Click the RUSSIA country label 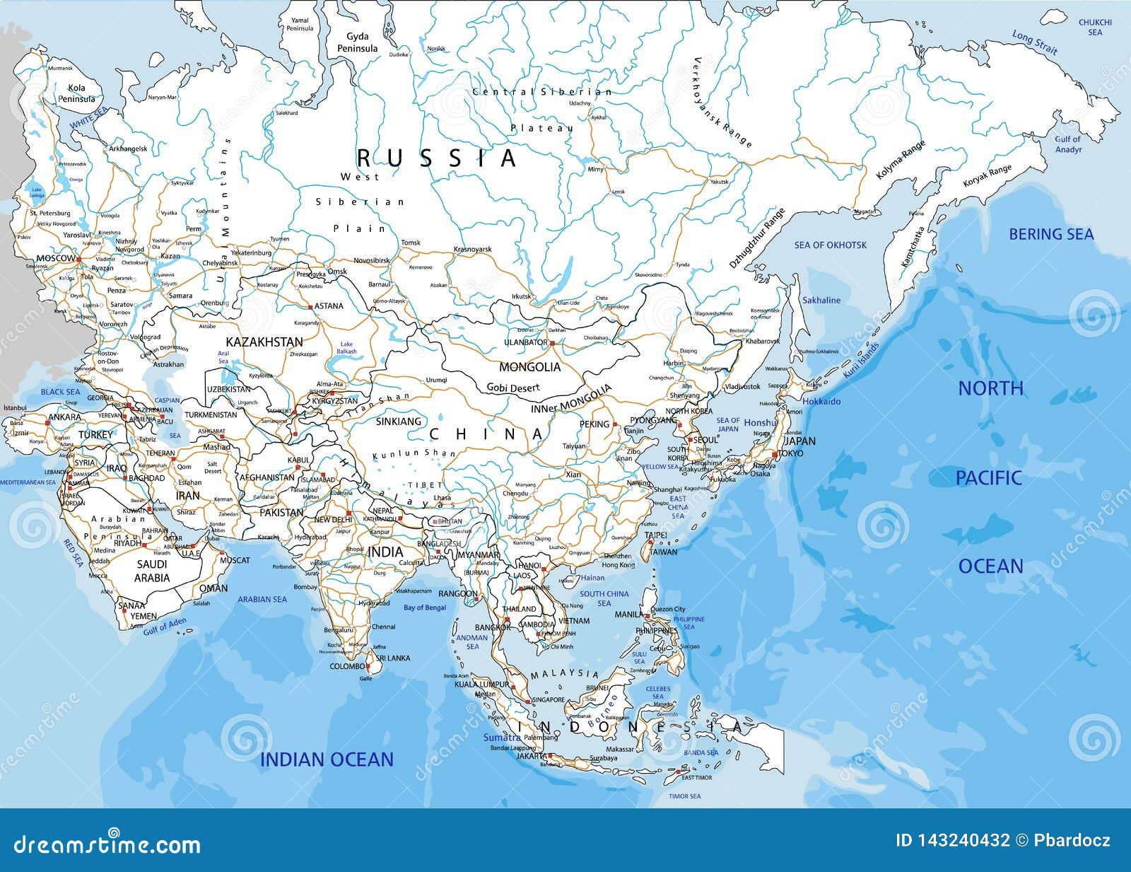coord(436,158)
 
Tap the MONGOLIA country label coord(529,367)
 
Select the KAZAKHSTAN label coord(264,342)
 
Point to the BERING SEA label coord(1050,234)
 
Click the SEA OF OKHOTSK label coord(830,245)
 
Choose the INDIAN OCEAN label coord(327,760)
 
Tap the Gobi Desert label coord(512,388)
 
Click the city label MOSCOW coord(55,259)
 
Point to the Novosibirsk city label coord(371,260)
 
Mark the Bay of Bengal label coord(425,608)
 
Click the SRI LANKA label coord(393,658)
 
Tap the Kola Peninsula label coord(76,93)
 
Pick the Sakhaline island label coord(821,300)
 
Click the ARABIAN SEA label coord(262,599)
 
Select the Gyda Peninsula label coord(357,42)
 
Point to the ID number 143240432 coord(952,840)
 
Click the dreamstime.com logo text coord(107,844)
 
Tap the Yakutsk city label coord(718,182)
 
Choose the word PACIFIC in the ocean coord(988,478)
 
